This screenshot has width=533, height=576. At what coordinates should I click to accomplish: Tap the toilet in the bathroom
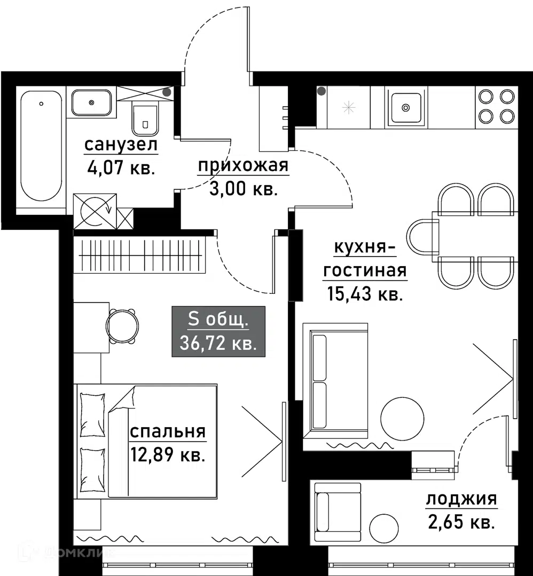(x=145, y=117)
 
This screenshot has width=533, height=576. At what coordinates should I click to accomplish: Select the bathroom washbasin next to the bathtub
(x=91, y=102)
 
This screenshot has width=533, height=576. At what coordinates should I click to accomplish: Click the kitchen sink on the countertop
(x=406, y=107)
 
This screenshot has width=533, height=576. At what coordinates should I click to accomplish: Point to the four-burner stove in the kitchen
(x=496, y=107)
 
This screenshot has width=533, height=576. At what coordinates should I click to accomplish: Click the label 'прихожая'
(x=243, y=165)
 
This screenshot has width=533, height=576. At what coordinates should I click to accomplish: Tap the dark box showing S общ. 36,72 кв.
(x=218, y=331)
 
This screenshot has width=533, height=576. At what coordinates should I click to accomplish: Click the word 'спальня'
(x=168, y=431)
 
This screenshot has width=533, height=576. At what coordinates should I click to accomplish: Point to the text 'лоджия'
(x=461, y=499)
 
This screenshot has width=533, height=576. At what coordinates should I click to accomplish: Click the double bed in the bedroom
(x=146, y=441)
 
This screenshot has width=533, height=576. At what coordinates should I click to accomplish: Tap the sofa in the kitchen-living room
(x=335, y=381)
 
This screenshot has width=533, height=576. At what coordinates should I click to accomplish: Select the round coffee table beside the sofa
(x=402, y=419)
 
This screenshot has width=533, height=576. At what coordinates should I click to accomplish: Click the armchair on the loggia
(x=338, y=511)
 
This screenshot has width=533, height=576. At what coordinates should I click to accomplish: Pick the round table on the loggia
(x=383, y=527)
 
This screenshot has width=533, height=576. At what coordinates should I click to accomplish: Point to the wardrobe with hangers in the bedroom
(x=139, y=254)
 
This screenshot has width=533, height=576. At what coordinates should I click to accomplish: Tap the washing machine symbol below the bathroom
(x=95, y=212)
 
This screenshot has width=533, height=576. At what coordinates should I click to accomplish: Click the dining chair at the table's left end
(x=422, y=237)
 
